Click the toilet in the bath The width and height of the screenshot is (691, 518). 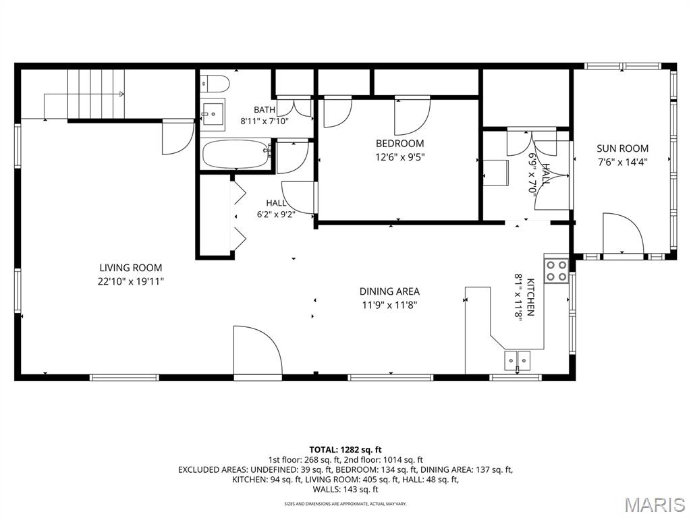pyautogui.click(x=215, y=84)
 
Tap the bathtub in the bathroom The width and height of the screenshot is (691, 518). pyautogui.click(x=237, y=154)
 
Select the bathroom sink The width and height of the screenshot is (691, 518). pyautogui.click(x=213, y=114)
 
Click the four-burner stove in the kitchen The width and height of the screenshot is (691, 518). pyautogui.click(x=556, y=271)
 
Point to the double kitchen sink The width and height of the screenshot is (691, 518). pyautogui.click(x=518, y=361)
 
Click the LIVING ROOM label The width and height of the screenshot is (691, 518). pyautogui.click(x=131, y=268)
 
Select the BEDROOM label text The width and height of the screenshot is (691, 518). pyautogui.click(x=399, y=144)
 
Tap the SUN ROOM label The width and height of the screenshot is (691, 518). pyautogui.click(x=622, y=148)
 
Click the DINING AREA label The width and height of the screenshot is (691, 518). pyautogui.click(x=389, y=291)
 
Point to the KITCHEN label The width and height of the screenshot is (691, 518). pyautogui.click(x=530, y=297)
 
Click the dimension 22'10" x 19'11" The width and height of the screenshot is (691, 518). pyautogui.click(x=131, y=281)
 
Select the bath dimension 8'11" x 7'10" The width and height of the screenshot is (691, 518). pyautogui.click(x=265, y=121)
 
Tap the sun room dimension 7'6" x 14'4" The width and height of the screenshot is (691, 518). pyautogui.click(x=622, y=162)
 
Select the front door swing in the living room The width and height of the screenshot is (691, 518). pyautogui.click(x=258, y=351)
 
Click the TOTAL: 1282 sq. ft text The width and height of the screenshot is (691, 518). pyautogui.click(x=345, y=450)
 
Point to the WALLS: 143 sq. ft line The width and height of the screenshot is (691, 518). pyautogui.click(x=345, y=490)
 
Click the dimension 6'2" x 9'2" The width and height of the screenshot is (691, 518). pyautogui.click(x=276, y=214)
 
